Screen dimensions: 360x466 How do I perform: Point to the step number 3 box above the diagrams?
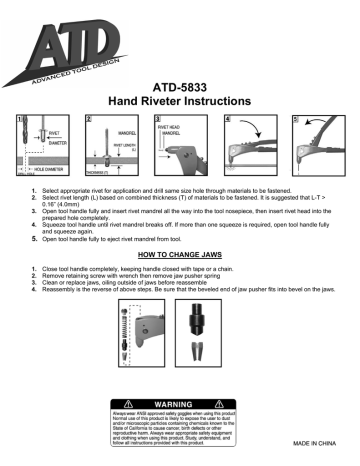157,120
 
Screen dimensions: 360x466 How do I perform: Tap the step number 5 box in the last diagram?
294,120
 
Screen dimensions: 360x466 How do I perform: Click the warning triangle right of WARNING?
229,403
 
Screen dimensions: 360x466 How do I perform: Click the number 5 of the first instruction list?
35,240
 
